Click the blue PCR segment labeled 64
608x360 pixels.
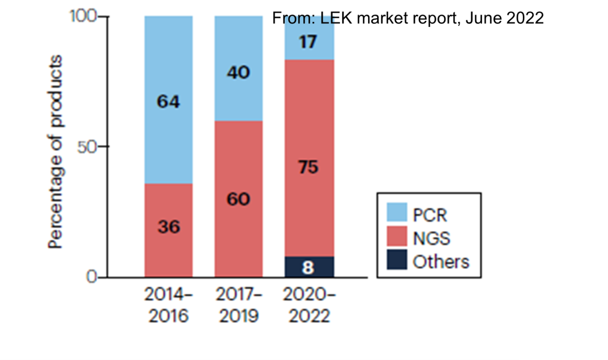pos(168,101)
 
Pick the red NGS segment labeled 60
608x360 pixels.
pos(238,199)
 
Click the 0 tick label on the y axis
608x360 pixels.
pos(93,277)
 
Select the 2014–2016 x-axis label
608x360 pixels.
pos(168,305)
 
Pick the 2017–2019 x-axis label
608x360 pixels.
pos(238,305)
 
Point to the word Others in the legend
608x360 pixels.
pos(441,262)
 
